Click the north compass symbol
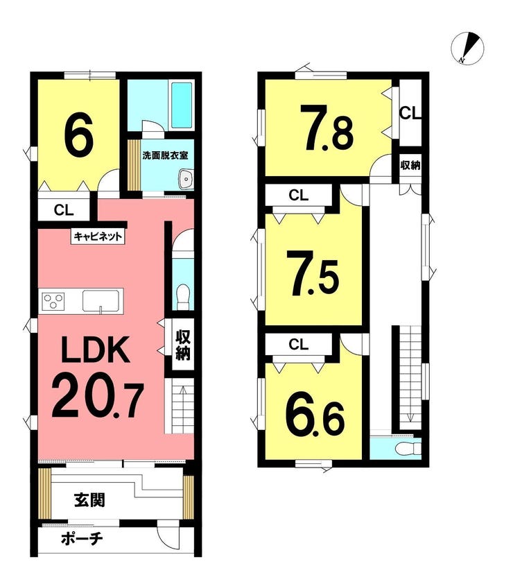[467, 49]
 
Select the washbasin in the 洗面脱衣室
[186, 179]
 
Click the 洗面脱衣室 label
[165, 155]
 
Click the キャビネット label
[98, 236]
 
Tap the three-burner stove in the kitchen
[53, 300]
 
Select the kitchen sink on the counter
[101, 300]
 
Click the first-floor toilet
[182, 296]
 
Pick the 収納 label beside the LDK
[183, 345]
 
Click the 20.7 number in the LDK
[98, 399]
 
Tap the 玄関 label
[89, 499]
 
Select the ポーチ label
[82, 538]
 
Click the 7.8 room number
[327, 128]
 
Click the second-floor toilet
[407, 449]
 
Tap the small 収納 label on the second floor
[410, 165]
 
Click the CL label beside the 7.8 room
[410, 113]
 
